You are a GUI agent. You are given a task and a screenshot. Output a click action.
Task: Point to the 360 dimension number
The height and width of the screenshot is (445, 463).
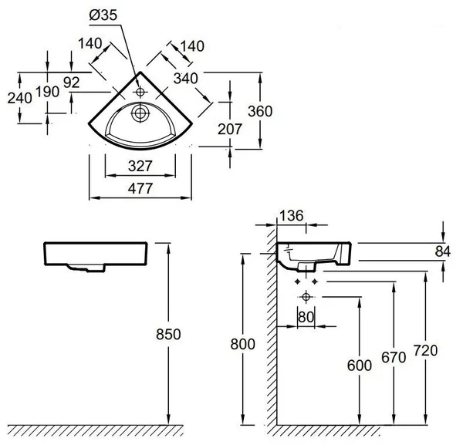coord(259,111)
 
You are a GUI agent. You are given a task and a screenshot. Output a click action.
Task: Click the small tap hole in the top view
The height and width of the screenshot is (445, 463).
coord(140,93)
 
